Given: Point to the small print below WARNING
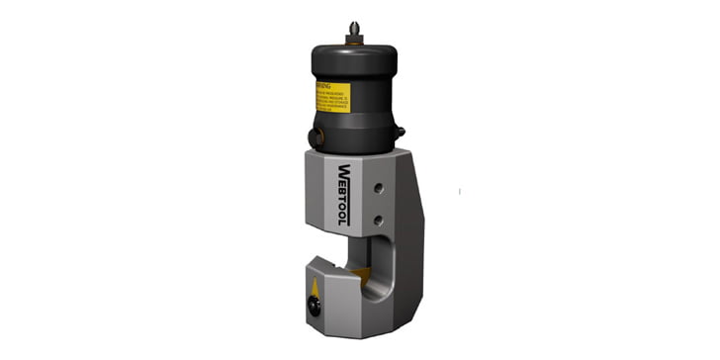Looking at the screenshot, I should (x=334, y=98).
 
